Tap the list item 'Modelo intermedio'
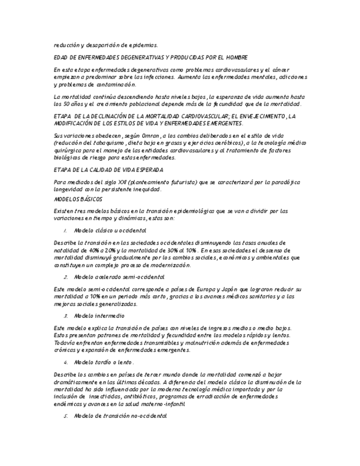(99, 316)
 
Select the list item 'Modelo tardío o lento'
(103, 363)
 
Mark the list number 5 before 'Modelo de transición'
(65, 417)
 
